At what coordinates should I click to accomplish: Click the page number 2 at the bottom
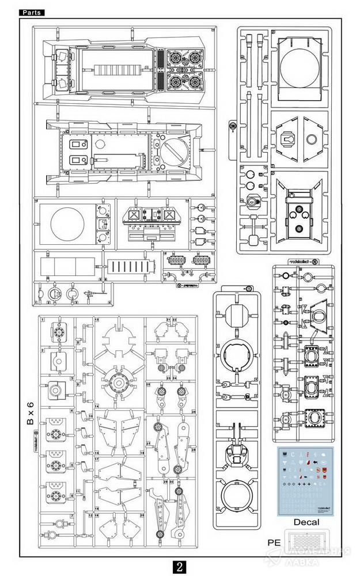pyautogui.click(x=180, y=565)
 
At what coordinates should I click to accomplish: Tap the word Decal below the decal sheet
pyautogui.click(x=305, y=522)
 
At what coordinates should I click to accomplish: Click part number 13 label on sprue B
pyautogui.click(x=97, y=319)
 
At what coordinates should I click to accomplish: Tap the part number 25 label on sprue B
pyautogui.click(x=148, y=384)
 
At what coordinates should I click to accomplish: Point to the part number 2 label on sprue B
pyautogui.click(x=43, y=350)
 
